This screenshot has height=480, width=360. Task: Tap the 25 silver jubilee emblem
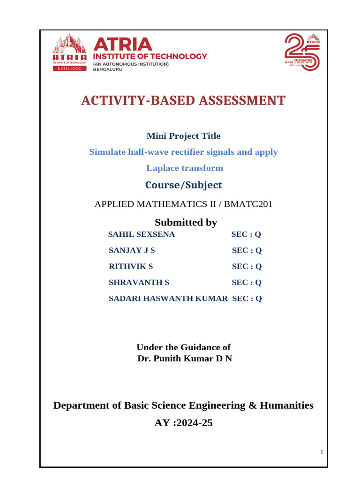303,52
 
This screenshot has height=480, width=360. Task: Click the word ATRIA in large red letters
123,44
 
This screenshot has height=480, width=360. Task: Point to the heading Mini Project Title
183,136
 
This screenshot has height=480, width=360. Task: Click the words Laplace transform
184,168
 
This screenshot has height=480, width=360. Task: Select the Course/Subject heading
183,185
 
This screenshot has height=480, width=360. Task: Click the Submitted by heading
186,222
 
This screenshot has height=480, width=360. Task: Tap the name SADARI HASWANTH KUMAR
168,298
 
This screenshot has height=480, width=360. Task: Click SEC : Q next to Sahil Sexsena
246,234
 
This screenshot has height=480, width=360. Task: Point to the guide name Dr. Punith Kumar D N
184,359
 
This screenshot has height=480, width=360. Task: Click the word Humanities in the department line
286,405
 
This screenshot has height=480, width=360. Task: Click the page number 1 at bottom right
322,452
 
